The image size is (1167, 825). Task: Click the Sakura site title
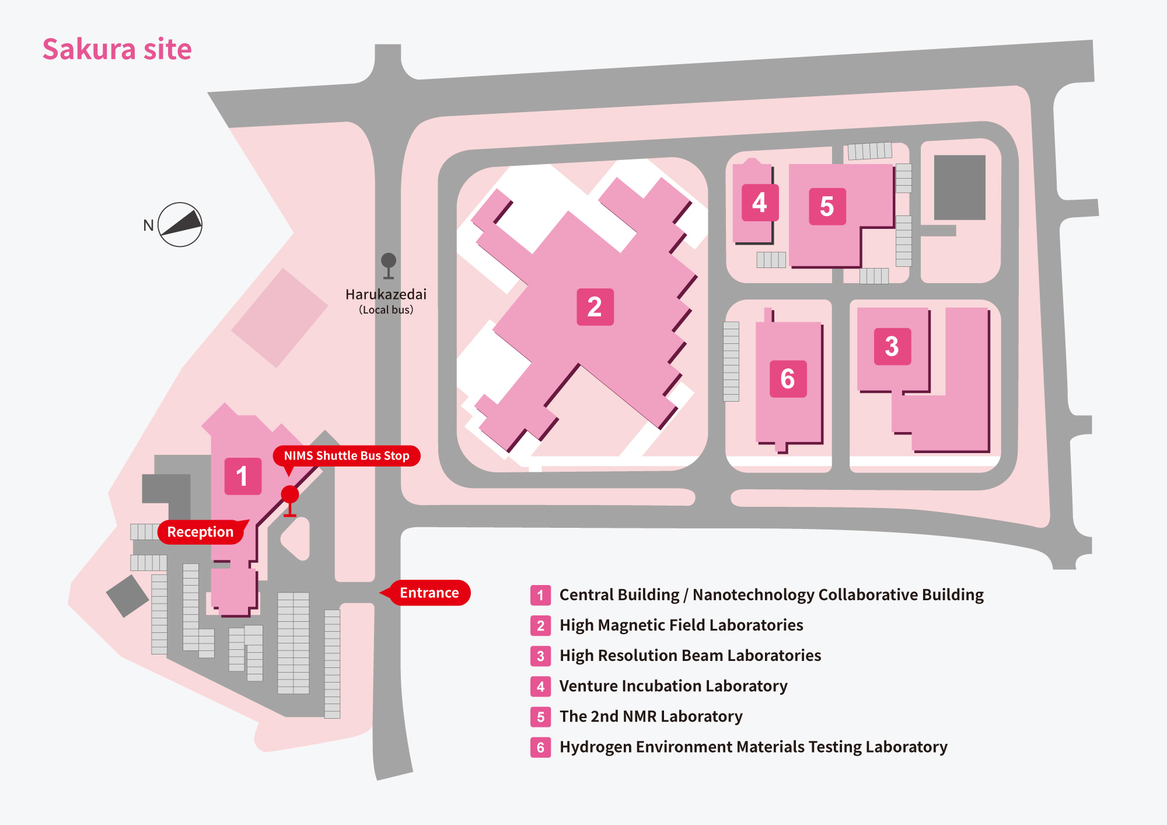[x=117, y=49]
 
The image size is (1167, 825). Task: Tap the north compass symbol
[x=180, y=225]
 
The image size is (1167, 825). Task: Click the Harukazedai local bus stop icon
[x=389, y=266]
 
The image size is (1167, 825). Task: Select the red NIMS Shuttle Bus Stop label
[x=347, y=455]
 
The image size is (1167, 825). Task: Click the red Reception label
[x=200, y=532]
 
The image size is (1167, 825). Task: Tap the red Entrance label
[x=429, y=593]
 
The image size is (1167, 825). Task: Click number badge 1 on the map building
[x=243, y=476]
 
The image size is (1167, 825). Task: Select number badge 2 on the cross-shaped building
[x=595, y=307]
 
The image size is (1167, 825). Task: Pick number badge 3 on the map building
[x=892, y=346]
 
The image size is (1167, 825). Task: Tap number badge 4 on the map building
[x=760, y=203]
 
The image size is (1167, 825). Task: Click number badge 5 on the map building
[x=827, y=206]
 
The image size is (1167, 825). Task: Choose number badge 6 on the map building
[x=788, y=379]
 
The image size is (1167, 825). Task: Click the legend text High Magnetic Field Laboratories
[x=681, y=625]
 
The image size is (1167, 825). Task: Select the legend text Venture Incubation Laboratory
[x=673, y=686]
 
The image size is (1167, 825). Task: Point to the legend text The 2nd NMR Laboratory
[x=651, y=716]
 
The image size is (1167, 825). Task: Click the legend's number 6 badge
[x=540, y=747]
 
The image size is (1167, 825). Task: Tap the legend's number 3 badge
[x=540, y=656]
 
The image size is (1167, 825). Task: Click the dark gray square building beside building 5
[x=960, y=187]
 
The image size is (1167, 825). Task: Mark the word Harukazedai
[x=386, y=294]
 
